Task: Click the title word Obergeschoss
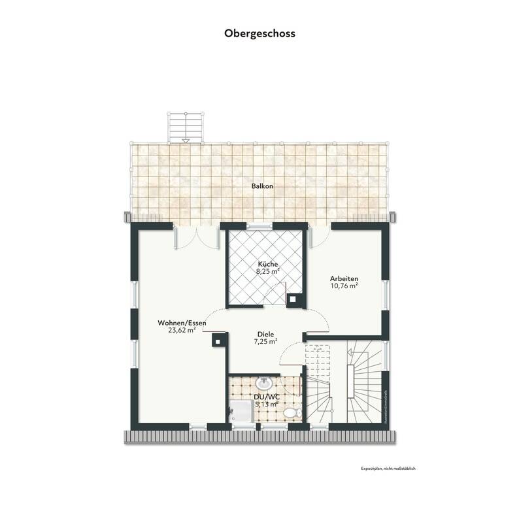259,33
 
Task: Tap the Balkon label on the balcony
262,186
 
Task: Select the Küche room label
267,263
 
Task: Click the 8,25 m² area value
267,271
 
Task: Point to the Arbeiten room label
344,278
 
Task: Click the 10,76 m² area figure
344,286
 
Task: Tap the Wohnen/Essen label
182,323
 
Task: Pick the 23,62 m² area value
182,331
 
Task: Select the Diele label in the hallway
265,333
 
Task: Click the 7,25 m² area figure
265,341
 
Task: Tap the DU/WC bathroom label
265,396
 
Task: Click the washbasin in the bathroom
265,382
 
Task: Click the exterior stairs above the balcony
186,126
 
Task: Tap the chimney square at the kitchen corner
295,299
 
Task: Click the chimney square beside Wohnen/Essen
218,339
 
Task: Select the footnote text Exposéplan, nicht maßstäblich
388,469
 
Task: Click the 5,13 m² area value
265,404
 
